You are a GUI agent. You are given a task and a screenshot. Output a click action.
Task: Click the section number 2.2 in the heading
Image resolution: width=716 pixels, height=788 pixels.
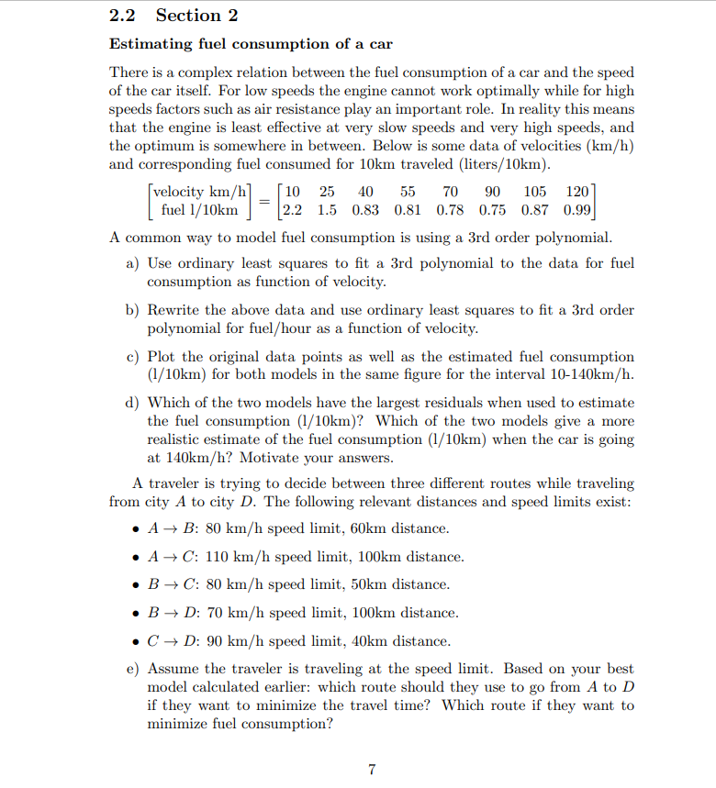pos(124,16)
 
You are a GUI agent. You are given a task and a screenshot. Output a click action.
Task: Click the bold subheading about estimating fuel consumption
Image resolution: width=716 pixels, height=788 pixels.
pos(251,44)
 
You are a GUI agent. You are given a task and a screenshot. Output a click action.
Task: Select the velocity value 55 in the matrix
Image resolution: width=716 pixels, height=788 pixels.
pos(408,192)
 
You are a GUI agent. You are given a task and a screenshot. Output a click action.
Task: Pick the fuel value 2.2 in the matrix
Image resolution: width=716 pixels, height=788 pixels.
pos(294,210)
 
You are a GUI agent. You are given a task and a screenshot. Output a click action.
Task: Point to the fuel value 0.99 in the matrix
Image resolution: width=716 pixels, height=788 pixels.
pos(576,210)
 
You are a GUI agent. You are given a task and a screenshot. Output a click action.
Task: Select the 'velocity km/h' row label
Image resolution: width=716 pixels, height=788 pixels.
pos(200,192)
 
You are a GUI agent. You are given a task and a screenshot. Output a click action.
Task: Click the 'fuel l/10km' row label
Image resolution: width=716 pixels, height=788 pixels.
pos(200,210)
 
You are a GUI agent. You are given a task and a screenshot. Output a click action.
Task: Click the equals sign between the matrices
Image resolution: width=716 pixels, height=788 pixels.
pos(263,201)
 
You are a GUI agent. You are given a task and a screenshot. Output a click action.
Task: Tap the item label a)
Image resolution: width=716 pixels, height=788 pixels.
pos(131,263)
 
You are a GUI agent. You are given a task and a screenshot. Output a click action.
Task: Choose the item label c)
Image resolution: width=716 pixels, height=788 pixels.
pos(131,357)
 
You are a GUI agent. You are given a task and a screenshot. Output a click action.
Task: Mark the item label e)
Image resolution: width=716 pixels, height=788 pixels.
pos(131,670)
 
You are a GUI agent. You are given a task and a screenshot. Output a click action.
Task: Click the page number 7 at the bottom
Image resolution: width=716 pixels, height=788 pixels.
pos(371,770)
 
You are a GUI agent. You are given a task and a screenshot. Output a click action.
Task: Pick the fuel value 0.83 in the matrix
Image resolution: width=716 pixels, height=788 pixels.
pos(364,210)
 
